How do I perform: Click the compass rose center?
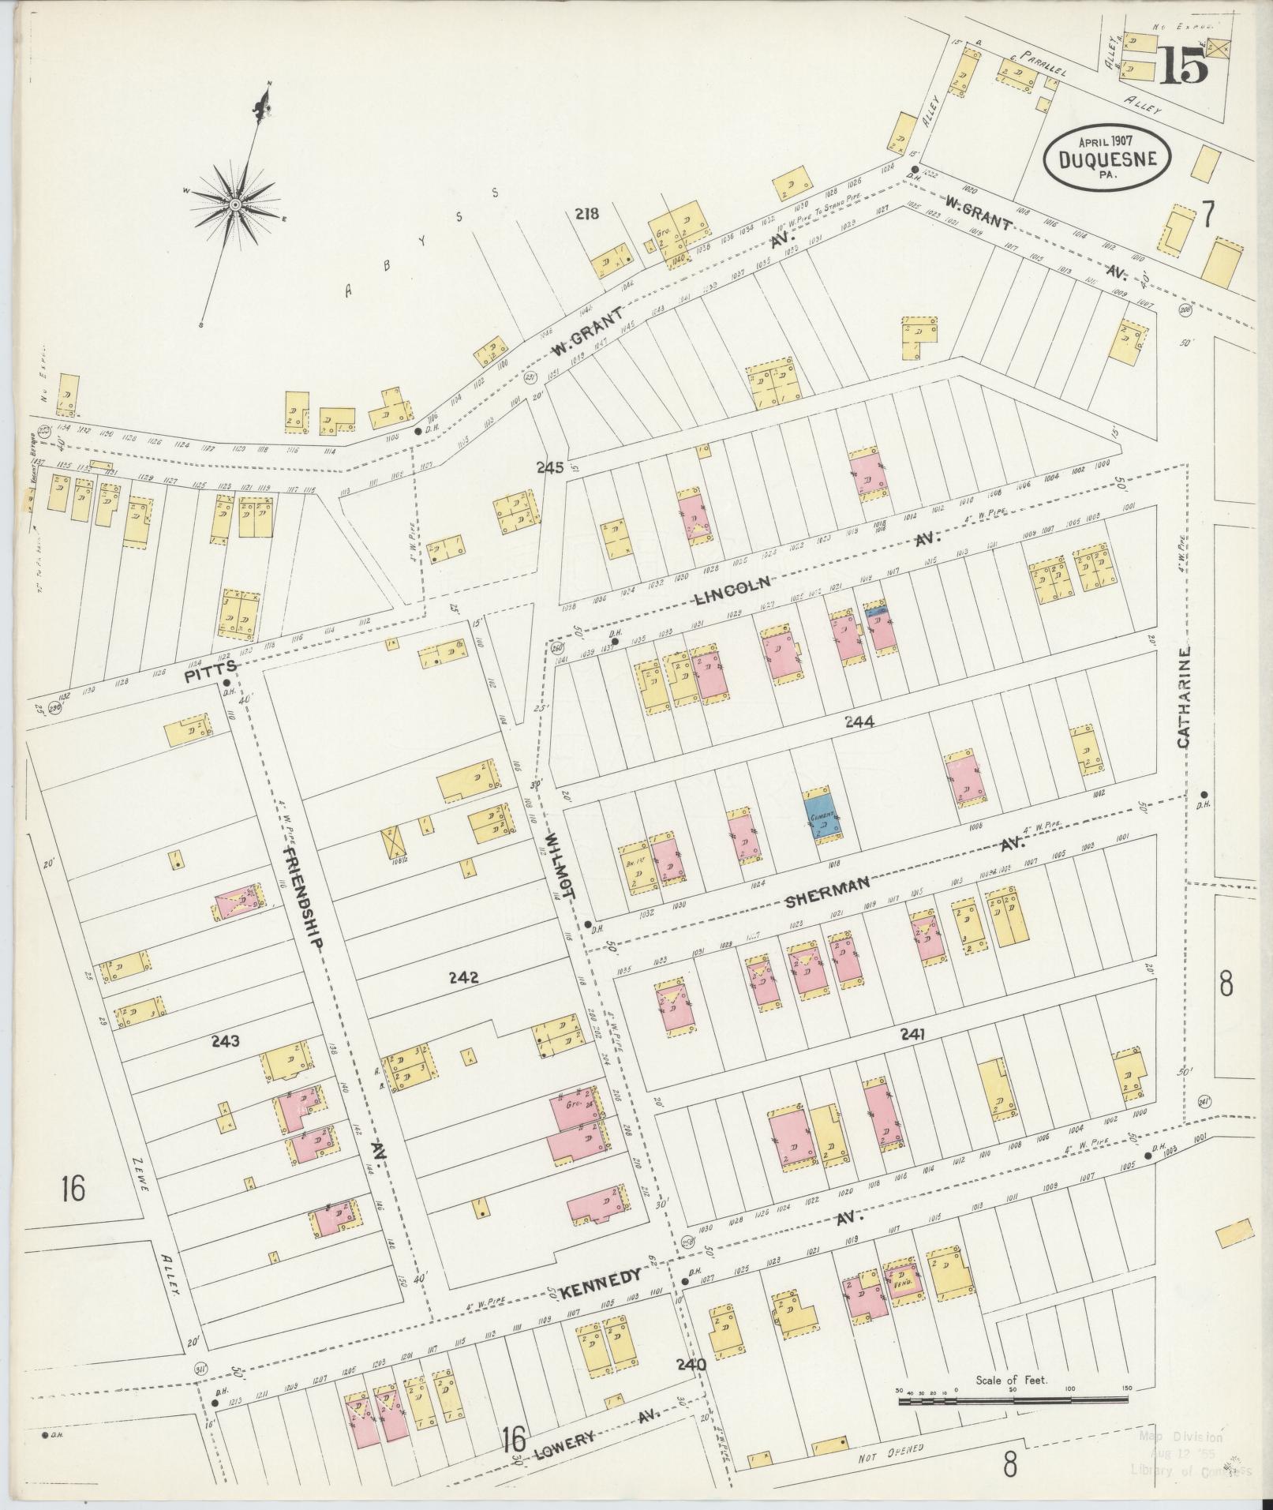pyautogui.click(x=235, y=204)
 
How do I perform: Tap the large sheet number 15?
pyautogui.click(x=1183, y=66)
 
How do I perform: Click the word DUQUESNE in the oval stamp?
pyautogui.click(x=1103, y=159)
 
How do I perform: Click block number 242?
pyautogui.click(x=463, y=978)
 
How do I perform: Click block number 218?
pyautogui.click(x=587, y=212)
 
